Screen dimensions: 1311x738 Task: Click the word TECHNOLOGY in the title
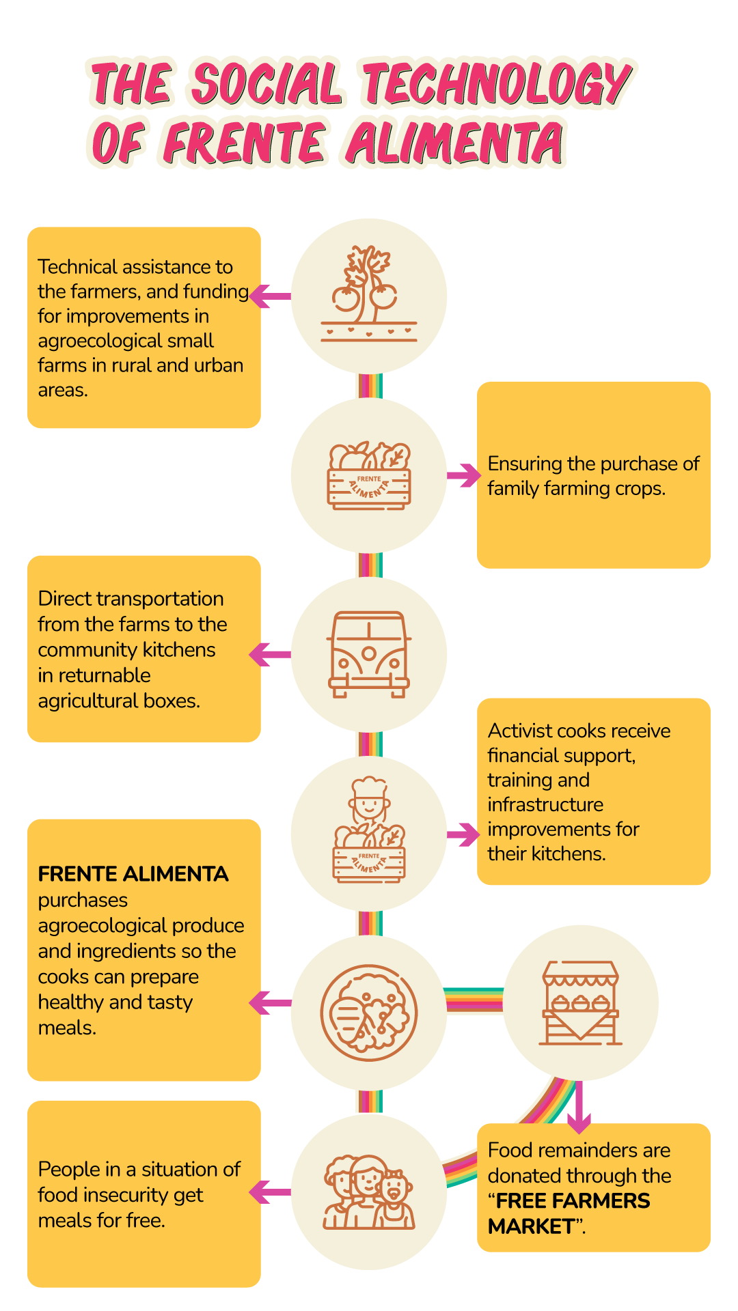[497, 85]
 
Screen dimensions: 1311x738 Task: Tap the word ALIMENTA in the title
[455, 143]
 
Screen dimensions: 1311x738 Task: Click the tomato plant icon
[369, 294]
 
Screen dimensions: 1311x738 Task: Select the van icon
[369, 654]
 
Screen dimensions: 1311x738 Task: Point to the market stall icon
[580, 1002]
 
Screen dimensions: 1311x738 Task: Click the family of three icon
[369, 1192]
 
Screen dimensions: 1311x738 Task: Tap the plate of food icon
[369, 1012]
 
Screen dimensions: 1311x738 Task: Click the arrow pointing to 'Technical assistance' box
[269, 296]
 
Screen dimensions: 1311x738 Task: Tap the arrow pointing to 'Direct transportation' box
[269, 654]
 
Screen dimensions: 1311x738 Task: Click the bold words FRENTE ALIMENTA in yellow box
[133, 874]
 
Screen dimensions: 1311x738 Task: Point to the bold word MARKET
[530, 1226]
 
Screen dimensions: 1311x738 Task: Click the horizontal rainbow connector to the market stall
[474, 1001]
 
